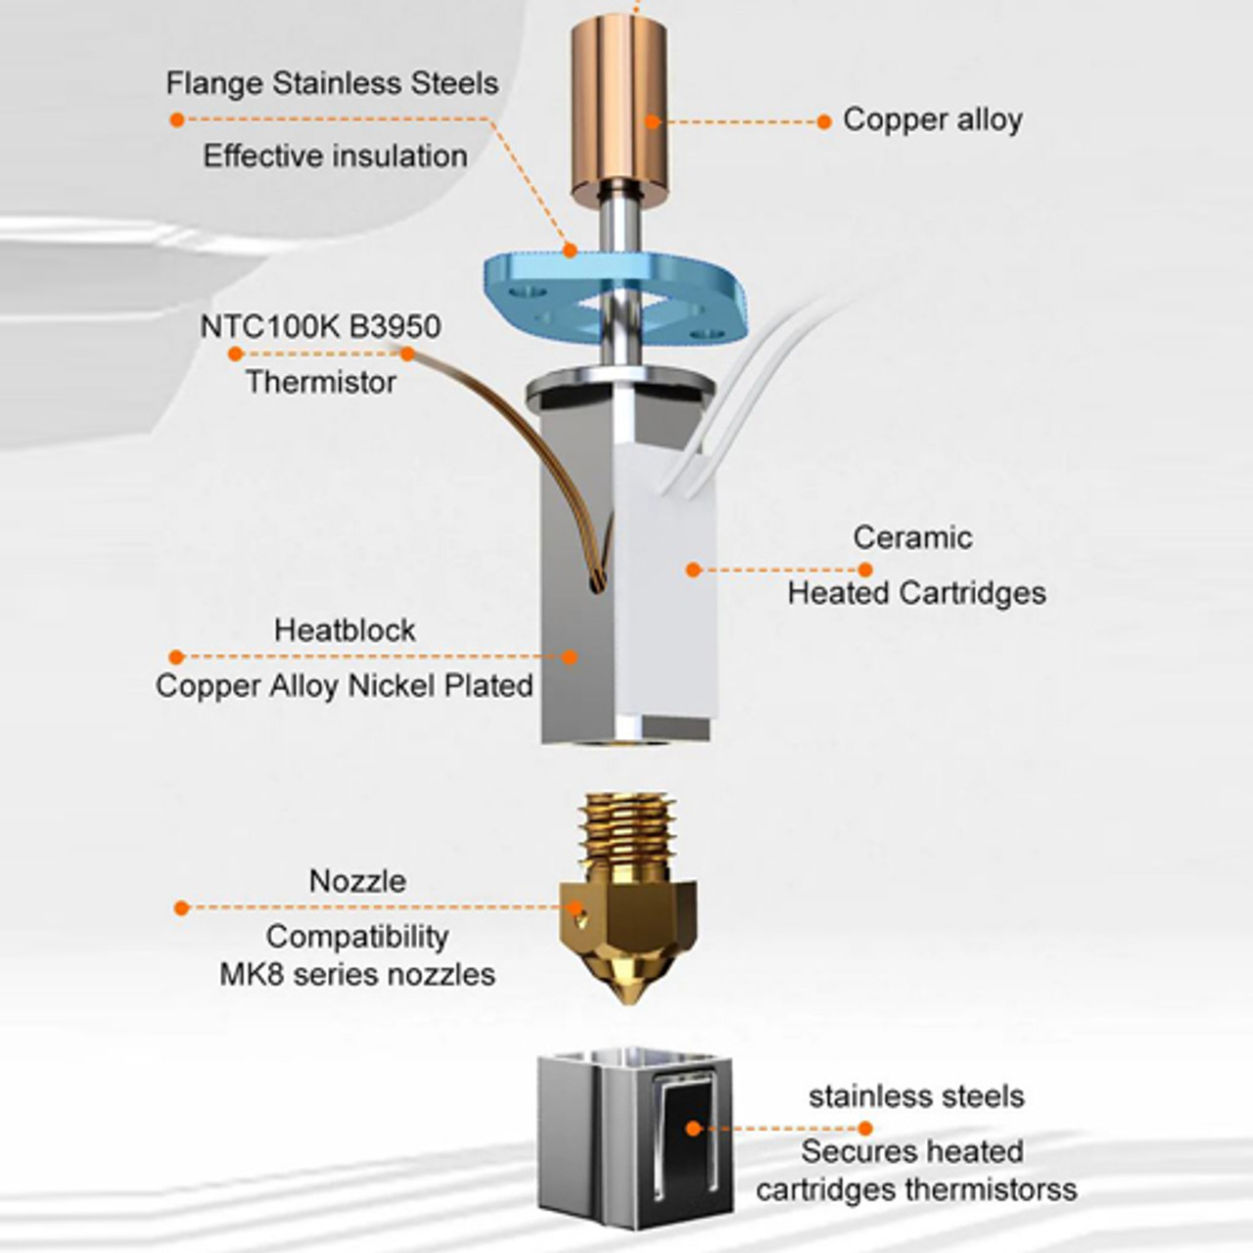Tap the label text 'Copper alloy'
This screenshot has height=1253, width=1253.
pos(932,119)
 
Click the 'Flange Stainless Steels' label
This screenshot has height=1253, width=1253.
pos(332,83)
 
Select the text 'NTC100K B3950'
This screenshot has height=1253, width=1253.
pos(320,326)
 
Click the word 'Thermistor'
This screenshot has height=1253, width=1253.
pos(320,382)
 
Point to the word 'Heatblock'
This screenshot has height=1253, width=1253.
pos(345,629)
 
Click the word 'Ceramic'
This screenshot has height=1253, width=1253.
pos(912,537)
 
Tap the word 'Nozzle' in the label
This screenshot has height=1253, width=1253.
pos(357,881)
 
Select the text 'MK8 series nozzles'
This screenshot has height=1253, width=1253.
pos(357,974)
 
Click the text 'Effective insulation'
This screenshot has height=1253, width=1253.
pos(335,156)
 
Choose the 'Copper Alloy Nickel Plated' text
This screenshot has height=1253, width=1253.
pos(344,685)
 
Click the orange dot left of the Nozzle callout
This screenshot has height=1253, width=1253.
pos(181,908)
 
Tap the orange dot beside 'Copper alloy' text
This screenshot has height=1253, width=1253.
pos(824,122)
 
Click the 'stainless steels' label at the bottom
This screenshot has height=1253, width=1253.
pos(916,1096)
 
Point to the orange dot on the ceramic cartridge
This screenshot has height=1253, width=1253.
pos(693,570)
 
